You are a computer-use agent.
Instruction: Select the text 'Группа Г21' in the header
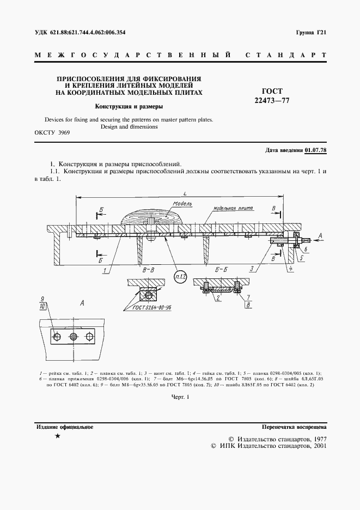(x=311, y=33)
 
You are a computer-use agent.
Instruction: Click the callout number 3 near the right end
(x=252, y=269)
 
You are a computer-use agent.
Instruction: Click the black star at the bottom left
(x=57, y=436)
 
